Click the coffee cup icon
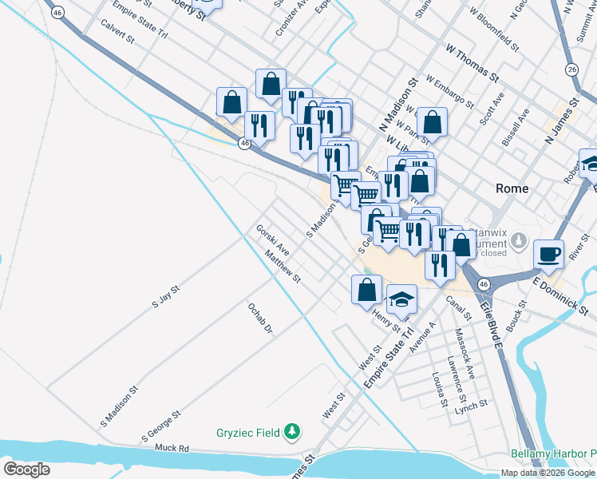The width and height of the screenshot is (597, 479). coord(548,254)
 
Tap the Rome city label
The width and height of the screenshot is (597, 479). coord(512,188)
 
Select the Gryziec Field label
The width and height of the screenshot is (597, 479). coord(248,433)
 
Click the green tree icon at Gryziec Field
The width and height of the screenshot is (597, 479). coord(293,432)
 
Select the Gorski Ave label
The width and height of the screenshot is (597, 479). coord(272,239)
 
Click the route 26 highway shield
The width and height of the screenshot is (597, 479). coord(571,69)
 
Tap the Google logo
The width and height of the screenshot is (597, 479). coord(26,469)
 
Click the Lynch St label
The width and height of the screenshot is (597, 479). coord(472,406)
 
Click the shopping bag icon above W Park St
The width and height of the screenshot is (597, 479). coord(432,121)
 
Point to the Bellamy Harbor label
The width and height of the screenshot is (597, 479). coord(554,453)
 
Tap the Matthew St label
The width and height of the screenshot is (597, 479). coord(283,267)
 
